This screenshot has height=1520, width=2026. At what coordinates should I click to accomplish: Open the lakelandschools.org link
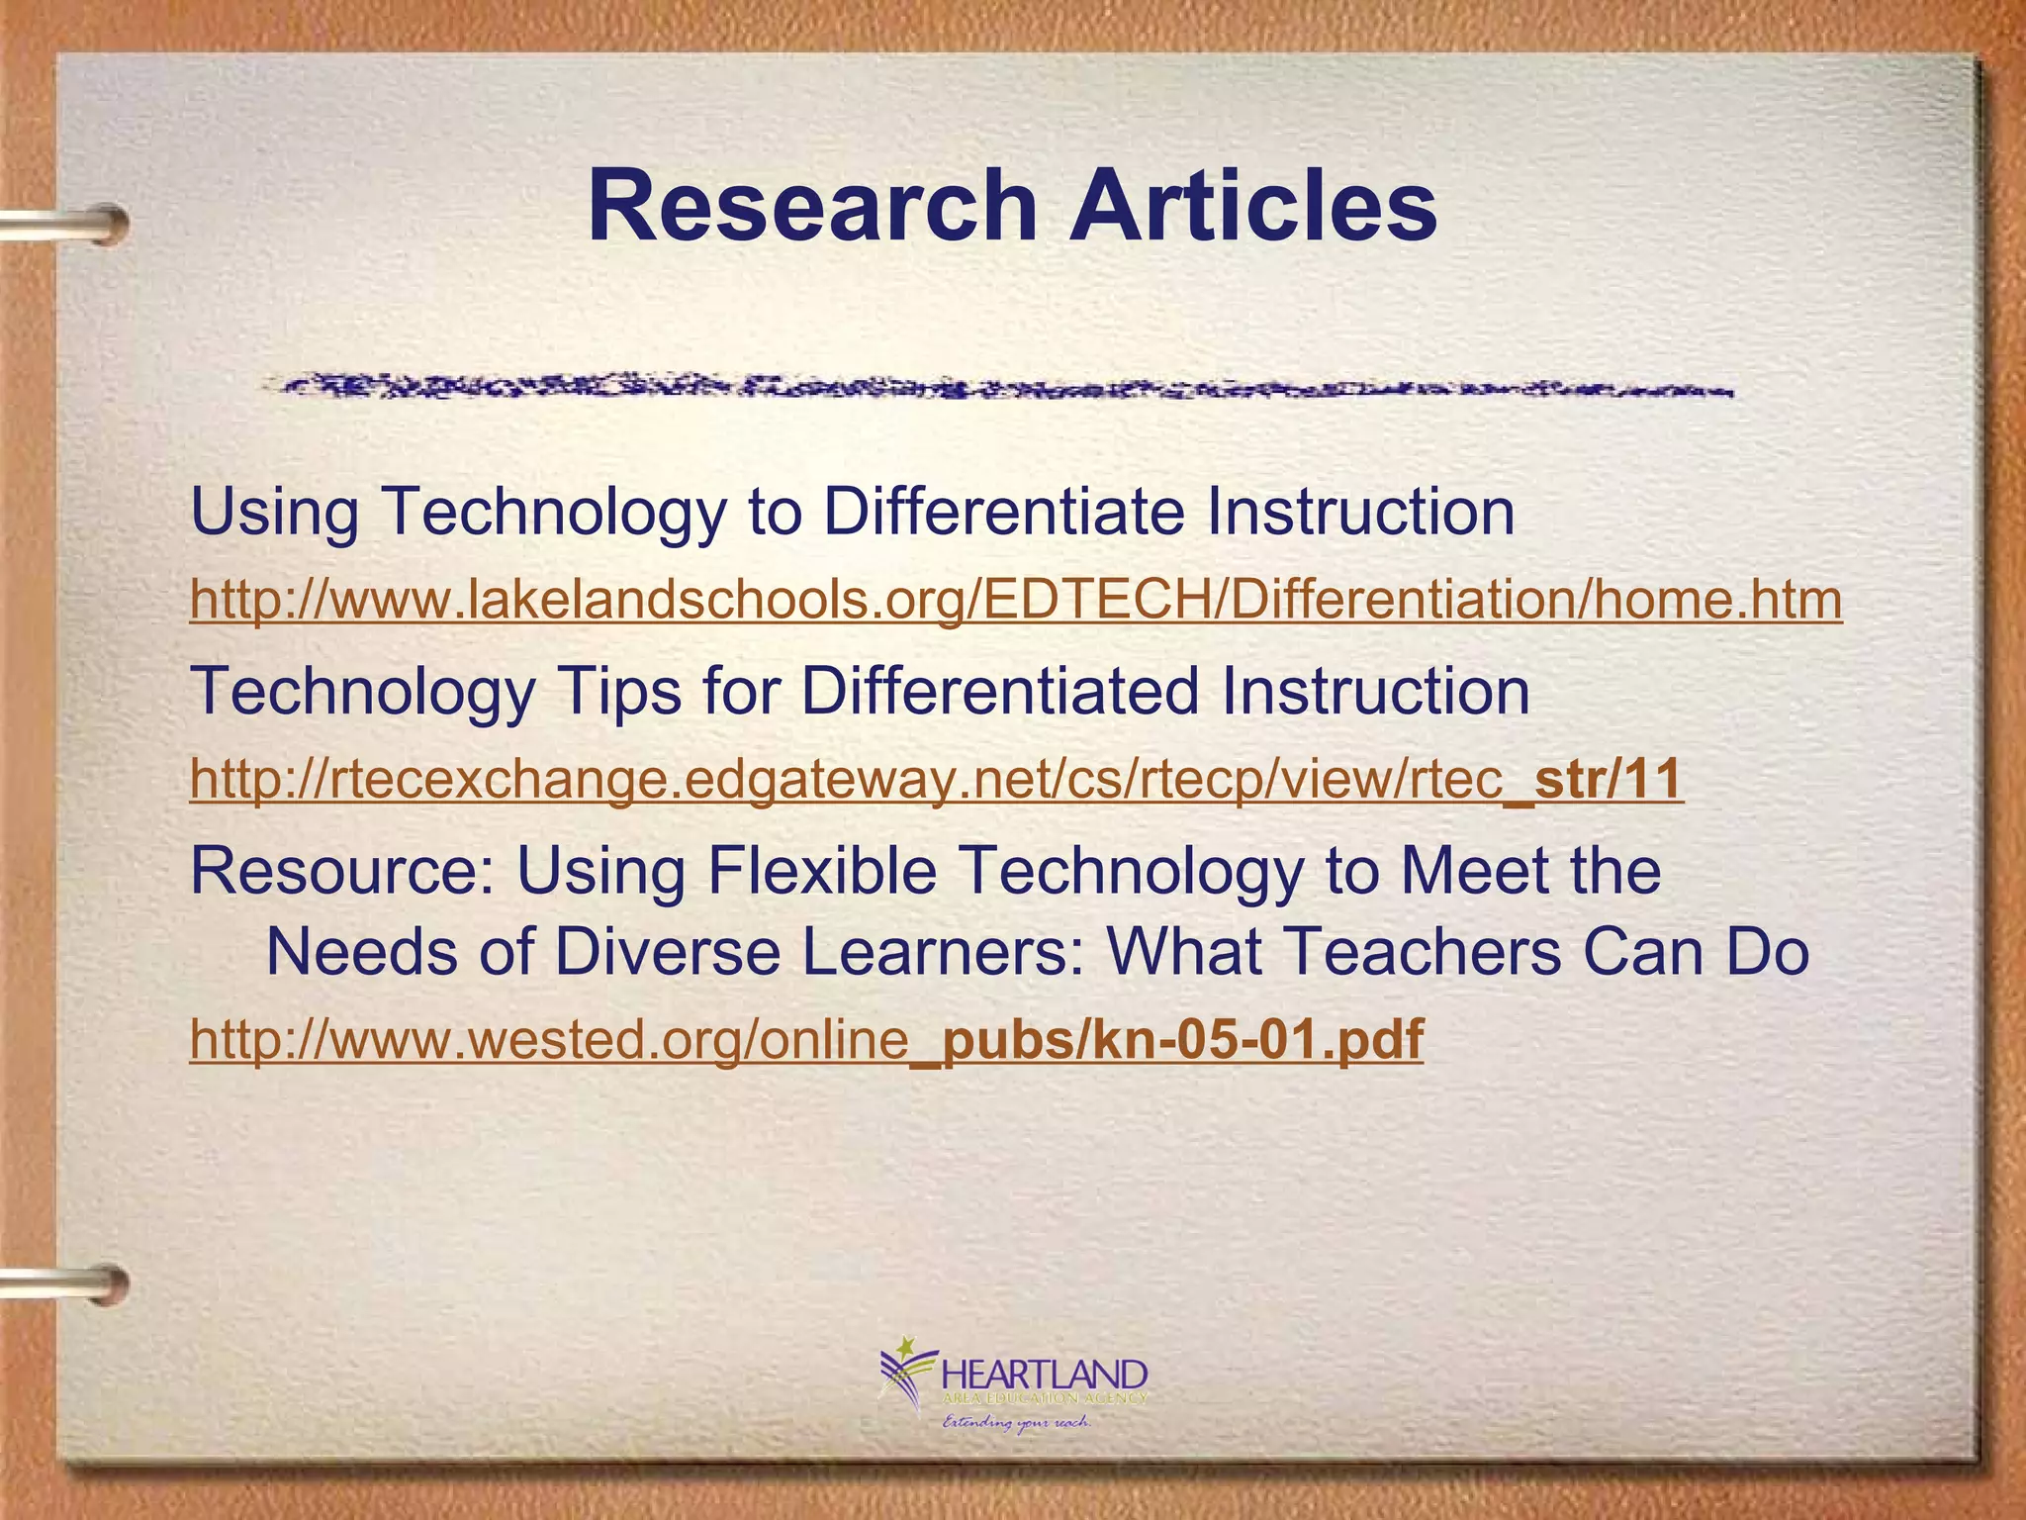[1015, 600]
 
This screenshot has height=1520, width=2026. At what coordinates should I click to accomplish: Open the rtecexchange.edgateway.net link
[936, 779]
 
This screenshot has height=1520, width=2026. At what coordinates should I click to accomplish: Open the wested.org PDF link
[806, 1039]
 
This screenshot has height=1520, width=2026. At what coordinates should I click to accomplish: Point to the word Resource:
[341, 871]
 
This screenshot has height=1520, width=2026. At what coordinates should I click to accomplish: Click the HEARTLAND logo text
[1045, 1376]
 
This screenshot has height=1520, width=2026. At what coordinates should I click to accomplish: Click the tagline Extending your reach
[1016, 1423]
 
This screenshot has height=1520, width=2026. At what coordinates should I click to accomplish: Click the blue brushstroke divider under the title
[999, 387]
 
